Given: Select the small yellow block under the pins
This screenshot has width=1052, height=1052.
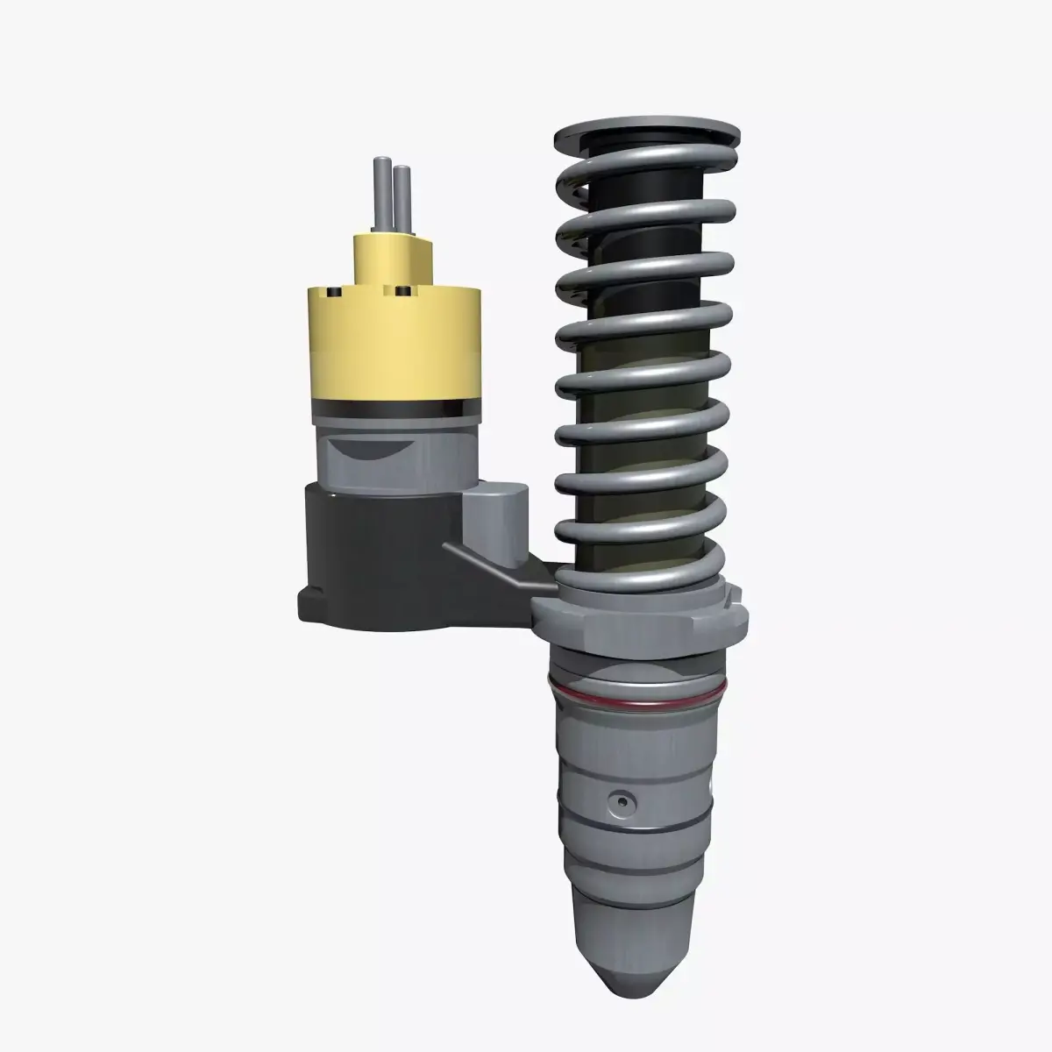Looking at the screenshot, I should (393, 257).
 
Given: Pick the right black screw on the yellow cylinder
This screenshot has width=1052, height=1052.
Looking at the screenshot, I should (402, 290).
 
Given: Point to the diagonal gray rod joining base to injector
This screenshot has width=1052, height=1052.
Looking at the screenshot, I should (491, 565).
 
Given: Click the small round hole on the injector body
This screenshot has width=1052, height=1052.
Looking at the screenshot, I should (622, 801).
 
